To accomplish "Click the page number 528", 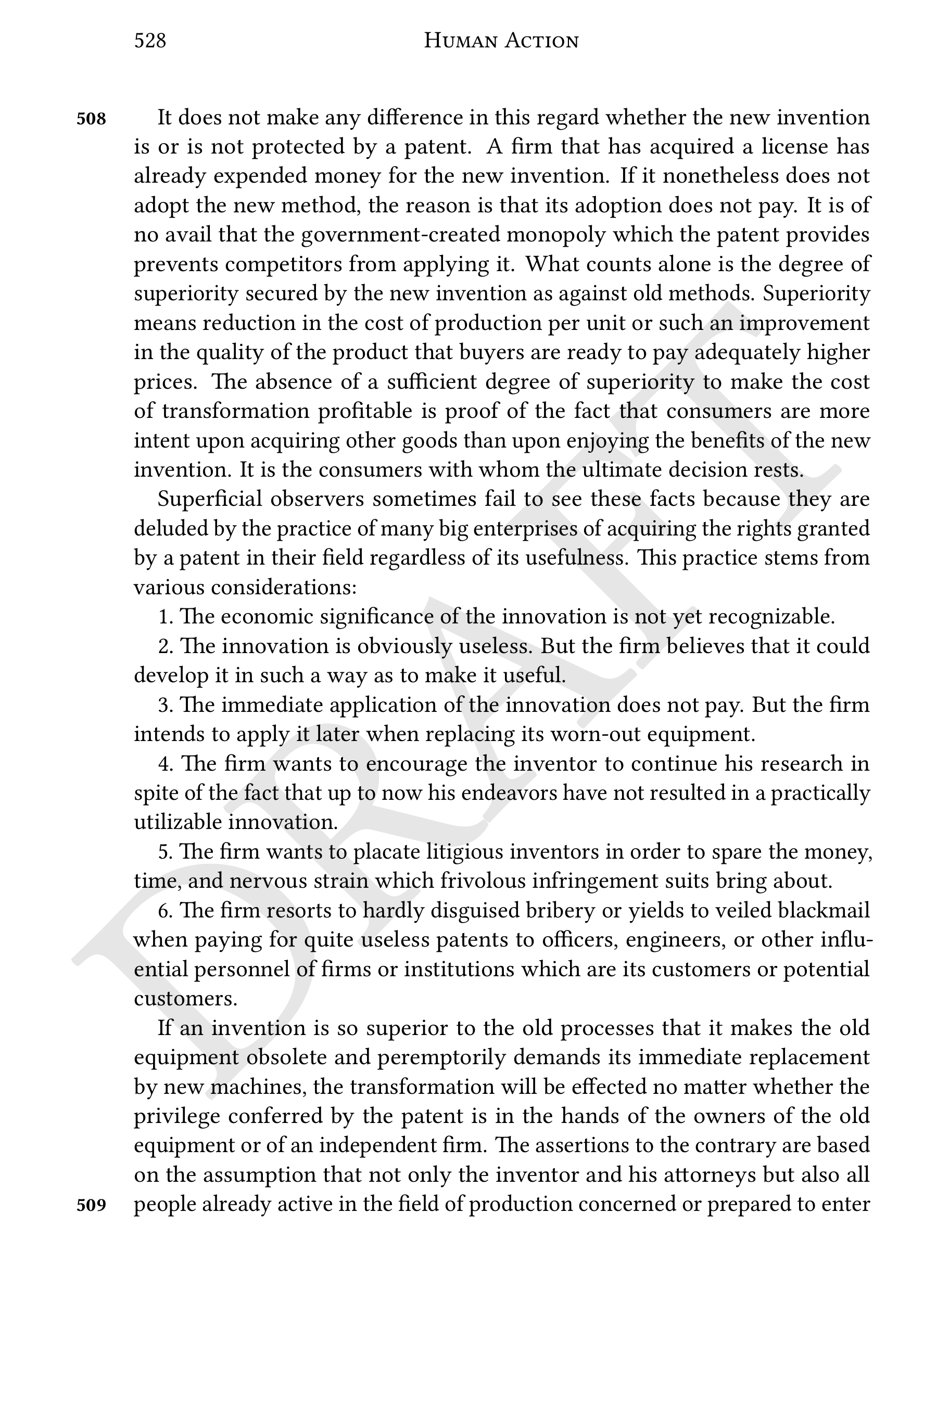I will [150, 41].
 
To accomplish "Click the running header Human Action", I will [501, 41].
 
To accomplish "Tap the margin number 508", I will [92, 119].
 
